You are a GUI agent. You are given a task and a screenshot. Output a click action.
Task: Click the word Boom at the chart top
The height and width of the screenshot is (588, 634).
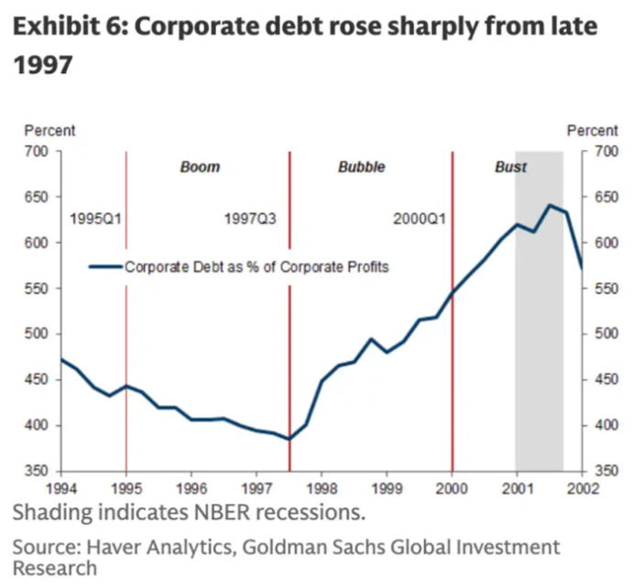tap(200, 168)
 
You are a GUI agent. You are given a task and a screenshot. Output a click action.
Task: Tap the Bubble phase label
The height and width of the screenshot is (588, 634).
tap(361, 168)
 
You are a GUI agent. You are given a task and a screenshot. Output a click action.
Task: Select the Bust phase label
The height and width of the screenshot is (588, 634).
tap(510, 168)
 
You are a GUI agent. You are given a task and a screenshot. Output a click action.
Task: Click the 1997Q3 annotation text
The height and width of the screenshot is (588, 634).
tap(250, 220)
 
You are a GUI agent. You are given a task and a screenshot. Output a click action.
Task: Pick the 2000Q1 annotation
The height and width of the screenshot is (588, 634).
tap(419, 220)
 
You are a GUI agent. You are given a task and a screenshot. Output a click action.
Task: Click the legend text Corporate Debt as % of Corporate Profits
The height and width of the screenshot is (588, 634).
tap(257, 267)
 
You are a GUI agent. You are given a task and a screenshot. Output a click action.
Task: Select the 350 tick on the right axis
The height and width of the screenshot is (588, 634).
tap(604, 471)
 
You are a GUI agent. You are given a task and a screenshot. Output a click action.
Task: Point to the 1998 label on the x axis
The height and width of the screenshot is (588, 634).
tap(322, 489)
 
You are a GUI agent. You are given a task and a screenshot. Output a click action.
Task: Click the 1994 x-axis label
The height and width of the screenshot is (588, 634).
tap(60, 489)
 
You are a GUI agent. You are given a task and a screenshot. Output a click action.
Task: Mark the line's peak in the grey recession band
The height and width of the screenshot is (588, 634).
tap(550, 205)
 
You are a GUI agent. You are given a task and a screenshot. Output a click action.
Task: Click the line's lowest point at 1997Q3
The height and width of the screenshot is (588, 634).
tap(289, 439)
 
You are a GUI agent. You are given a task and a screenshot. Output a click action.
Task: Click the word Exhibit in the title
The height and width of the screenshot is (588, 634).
tap(49, 27)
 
